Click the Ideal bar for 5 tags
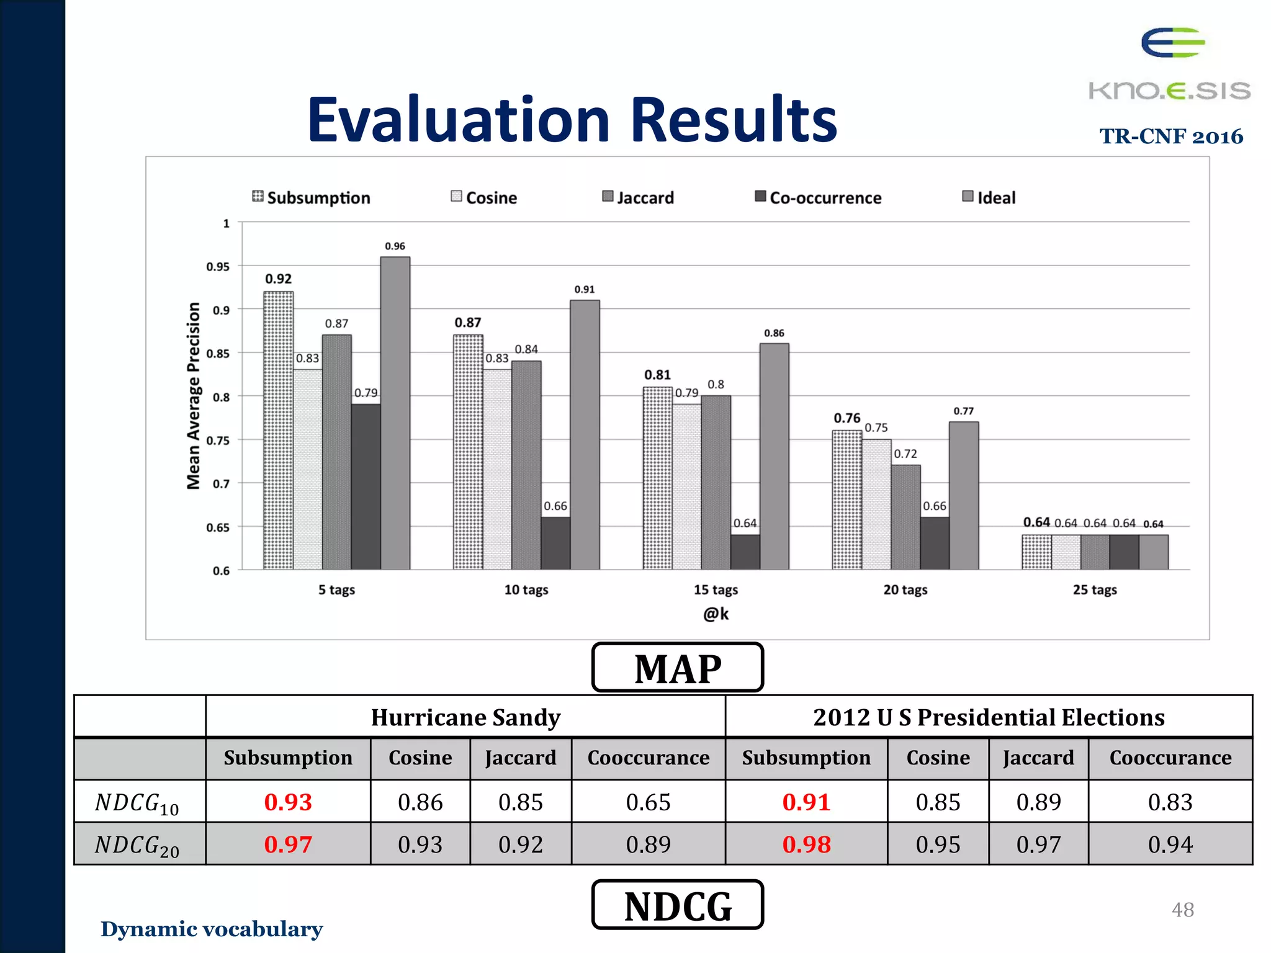point(395,413)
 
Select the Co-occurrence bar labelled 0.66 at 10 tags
point(555,543)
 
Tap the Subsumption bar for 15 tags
point(657,478)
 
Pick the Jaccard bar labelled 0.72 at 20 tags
point(905,516)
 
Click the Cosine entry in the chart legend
point(484,197)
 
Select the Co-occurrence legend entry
point(818,197)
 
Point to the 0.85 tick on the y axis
point(218,354)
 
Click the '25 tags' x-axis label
point(1094,589)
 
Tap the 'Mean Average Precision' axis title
point(194,396)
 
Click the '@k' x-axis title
point(715,614)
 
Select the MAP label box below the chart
point(677,668)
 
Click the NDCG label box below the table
point(677,905)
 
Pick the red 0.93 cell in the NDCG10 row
point(288,802)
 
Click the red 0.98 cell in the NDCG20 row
point(806,844)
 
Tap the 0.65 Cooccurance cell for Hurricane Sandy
point(648,802)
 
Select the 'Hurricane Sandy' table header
point(465,717)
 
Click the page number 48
point(1182,910)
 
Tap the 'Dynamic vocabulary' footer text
point(212,929)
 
